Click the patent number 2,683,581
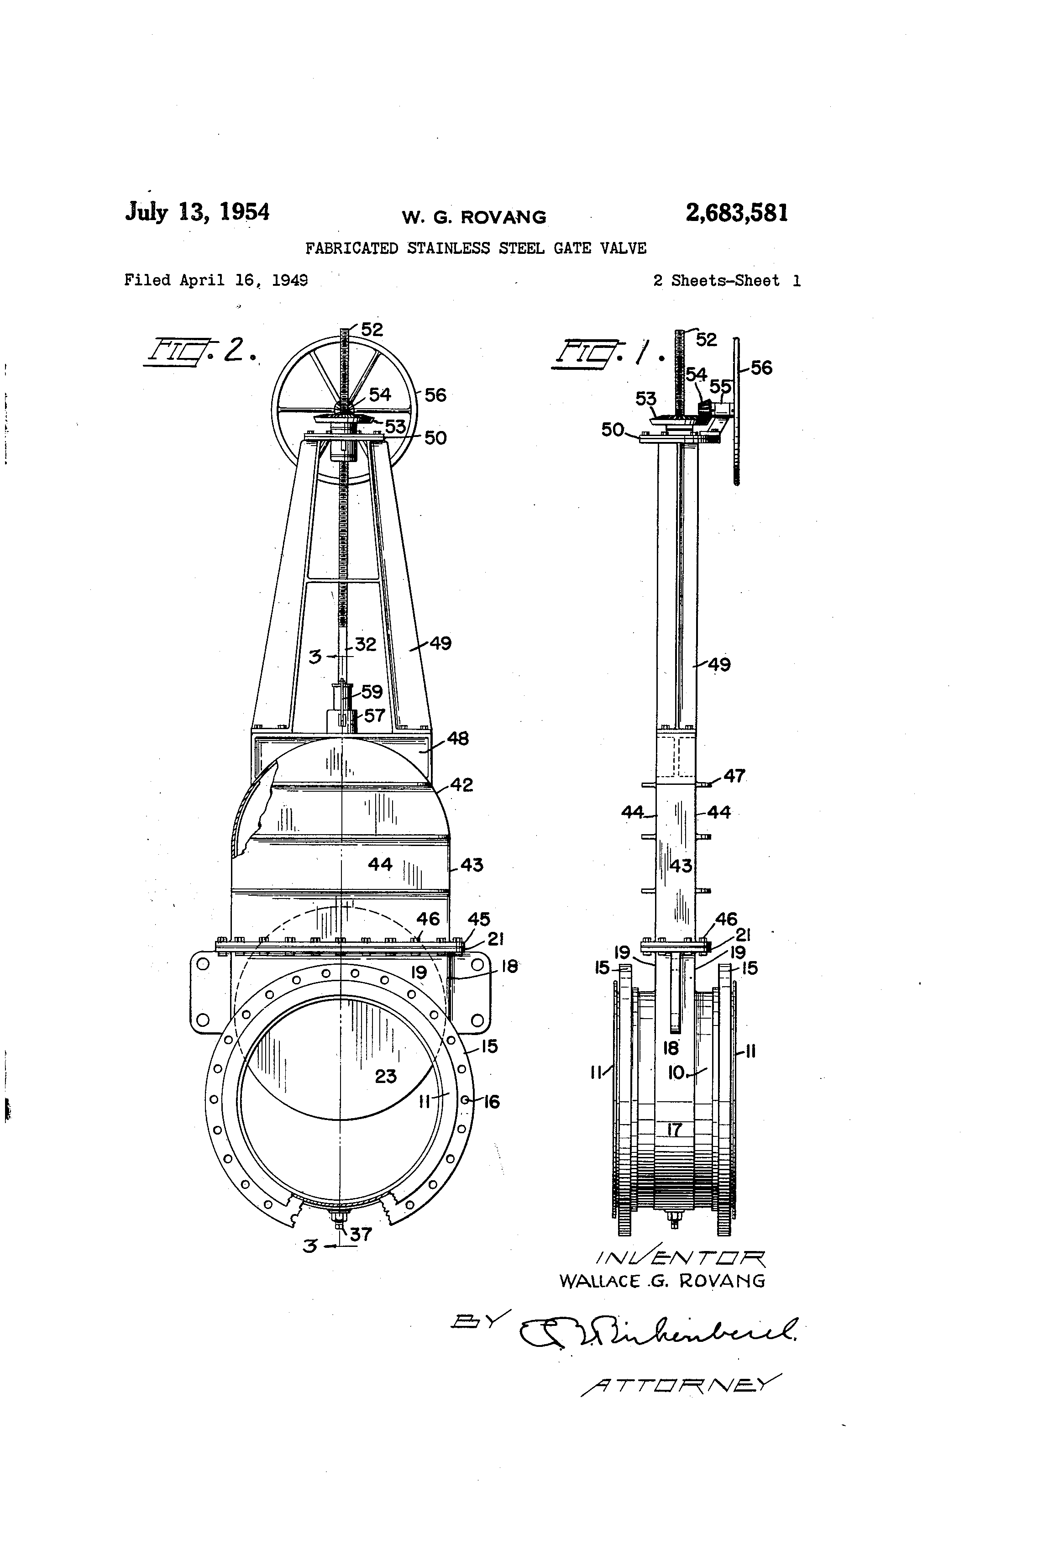click(x=736, y=213)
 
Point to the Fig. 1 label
click(x=606, y=353)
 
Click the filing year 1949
click(x=289, y=280)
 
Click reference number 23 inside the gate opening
click(x=386, y=1077)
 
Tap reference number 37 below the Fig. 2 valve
click(x=361, y=1235)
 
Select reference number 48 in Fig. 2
click(x=458, y=738)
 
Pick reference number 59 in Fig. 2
click(x=372, y=692)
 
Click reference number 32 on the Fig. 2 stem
click(x=366, y=644)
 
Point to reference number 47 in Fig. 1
click(x=734, y=776)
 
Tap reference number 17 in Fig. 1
click(x=675, y=1130)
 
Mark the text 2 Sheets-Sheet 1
click(x=726, y=280)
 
